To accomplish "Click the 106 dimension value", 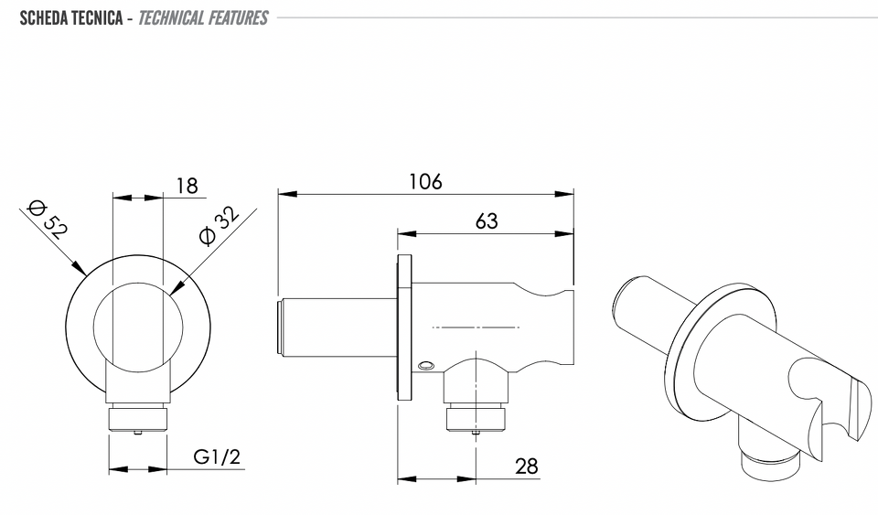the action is (x=425, y=181).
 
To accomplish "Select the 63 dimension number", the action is (x=487, y=221).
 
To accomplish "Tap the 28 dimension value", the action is (x=527, y=466).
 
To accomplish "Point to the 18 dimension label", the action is (x=187, y=186).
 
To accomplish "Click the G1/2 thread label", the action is (x=217, y=456).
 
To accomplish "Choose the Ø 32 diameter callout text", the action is (x=219, y=226).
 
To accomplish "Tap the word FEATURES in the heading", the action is (x=238, y=18).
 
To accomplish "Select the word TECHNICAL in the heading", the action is (x=171, y=18).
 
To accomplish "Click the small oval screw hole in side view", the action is (x=425, y=366).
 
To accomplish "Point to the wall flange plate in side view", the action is (x=404, y=327).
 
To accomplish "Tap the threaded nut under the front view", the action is (x=138, y=420).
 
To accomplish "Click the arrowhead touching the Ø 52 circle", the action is (x=79, y=268).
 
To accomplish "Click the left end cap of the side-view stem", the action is (x=281, y=327).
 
